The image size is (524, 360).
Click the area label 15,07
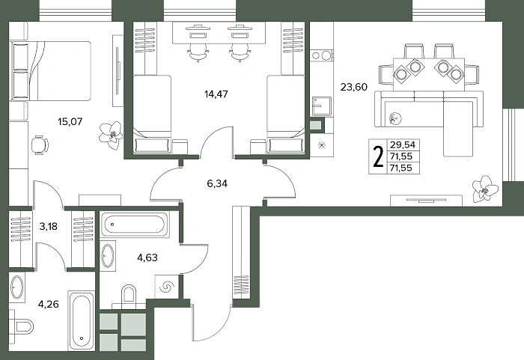click(70, 121)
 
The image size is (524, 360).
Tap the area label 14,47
click(216, 94)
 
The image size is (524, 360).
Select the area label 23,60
click(354, 87)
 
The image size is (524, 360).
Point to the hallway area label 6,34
click(217, 183)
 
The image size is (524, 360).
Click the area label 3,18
click(49, 226)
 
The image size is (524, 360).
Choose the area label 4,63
click(147, 257)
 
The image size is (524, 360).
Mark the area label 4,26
click(49, 304)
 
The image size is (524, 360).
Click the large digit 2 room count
click(378, 156)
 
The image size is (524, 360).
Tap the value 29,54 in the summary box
click(403, 144)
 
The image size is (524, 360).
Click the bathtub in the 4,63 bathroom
click(134, 225)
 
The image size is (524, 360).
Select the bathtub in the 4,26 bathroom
click(81, 320)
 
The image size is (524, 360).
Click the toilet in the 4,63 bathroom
click(129, 296)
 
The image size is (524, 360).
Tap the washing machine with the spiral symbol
click(167, 287)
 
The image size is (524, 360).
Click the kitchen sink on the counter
click(322, 106)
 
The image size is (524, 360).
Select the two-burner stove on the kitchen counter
click(322, 55)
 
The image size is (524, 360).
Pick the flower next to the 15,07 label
click(111, 135)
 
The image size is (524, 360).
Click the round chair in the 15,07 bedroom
click(40, 145)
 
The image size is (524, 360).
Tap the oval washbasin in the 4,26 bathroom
click(16, 287)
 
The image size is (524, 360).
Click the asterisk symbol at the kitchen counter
click(321, 145)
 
